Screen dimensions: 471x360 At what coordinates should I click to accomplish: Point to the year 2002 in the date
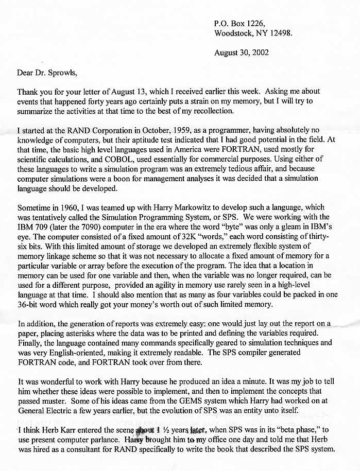(x=260, y=52)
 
